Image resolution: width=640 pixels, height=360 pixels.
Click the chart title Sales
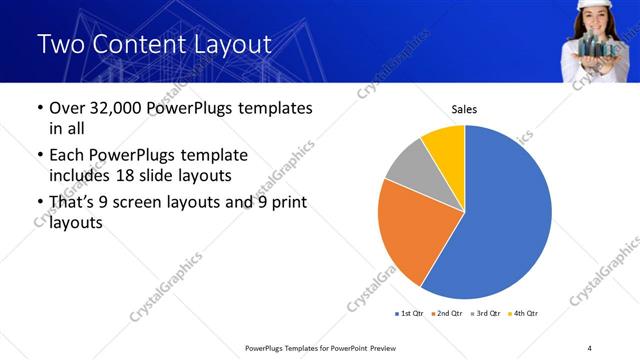(x=464, y=109)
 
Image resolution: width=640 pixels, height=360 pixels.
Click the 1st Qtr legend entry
(x=409, y=314)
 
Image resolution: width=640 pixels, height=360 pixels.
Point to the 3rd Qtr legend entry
(x=487, y=314)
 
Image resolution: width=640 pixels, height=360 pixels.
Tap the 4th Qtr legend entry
(x=525, y=314)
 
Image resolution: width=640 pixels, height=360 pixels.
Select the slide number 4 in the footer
(x=589, y=347)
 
